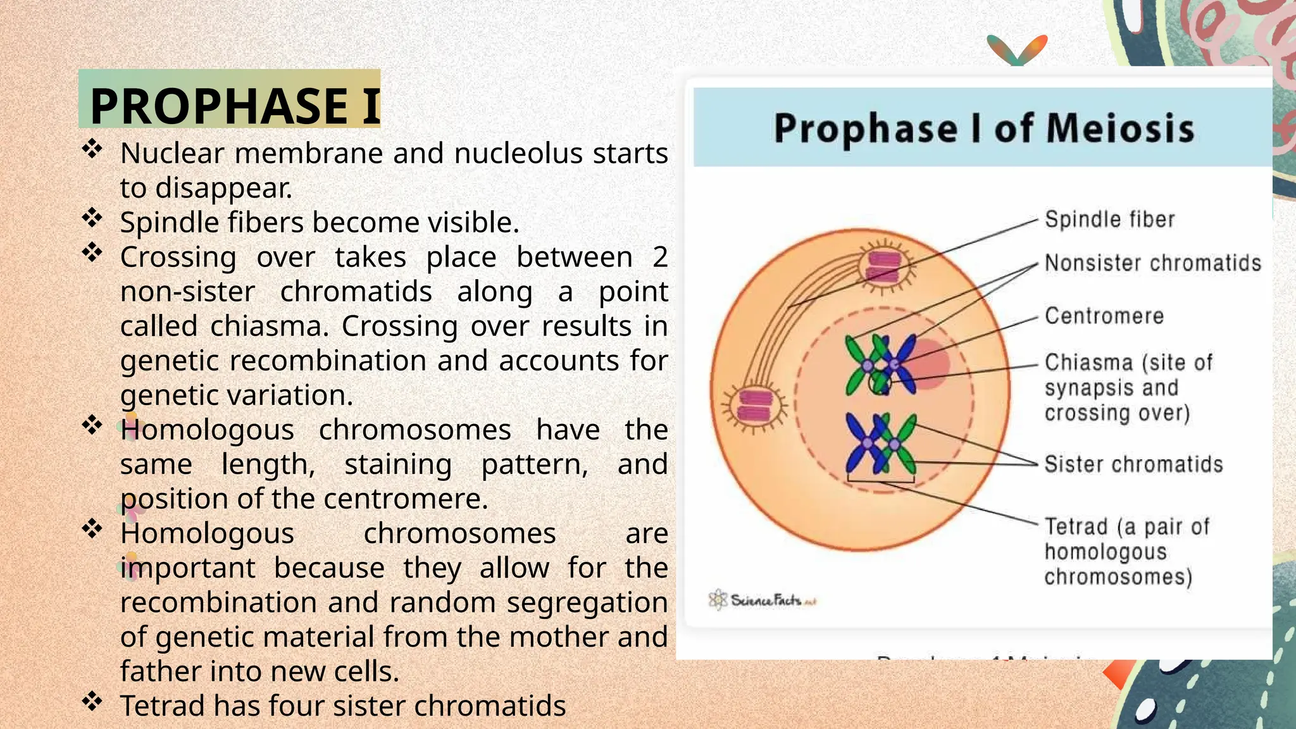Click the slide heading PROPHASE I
(x=234, y=105)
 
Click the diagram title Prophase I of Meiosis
(x=983, y=128)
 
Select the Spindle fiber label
(x=1109, y=220)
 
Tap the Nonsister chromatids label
(x=1152, y=263)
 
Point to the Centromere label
(x=1104, y=316)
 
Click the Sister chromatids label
(x=1133, y=464)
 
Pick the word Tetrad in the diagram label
(x=1076, y=526)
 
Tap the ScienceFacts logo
(x=762, y=599)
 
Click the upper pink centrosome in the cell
(x=883, y=266)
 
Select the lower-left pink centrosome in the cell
(x=756, y=406)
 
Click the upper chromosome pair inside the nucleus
(x=880, y=365)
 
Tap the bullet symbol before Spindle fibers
(x=92, y=218)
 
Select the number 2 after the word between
(x=659, y=258)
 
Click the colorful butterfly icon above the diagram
(x=1017, y=49)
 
